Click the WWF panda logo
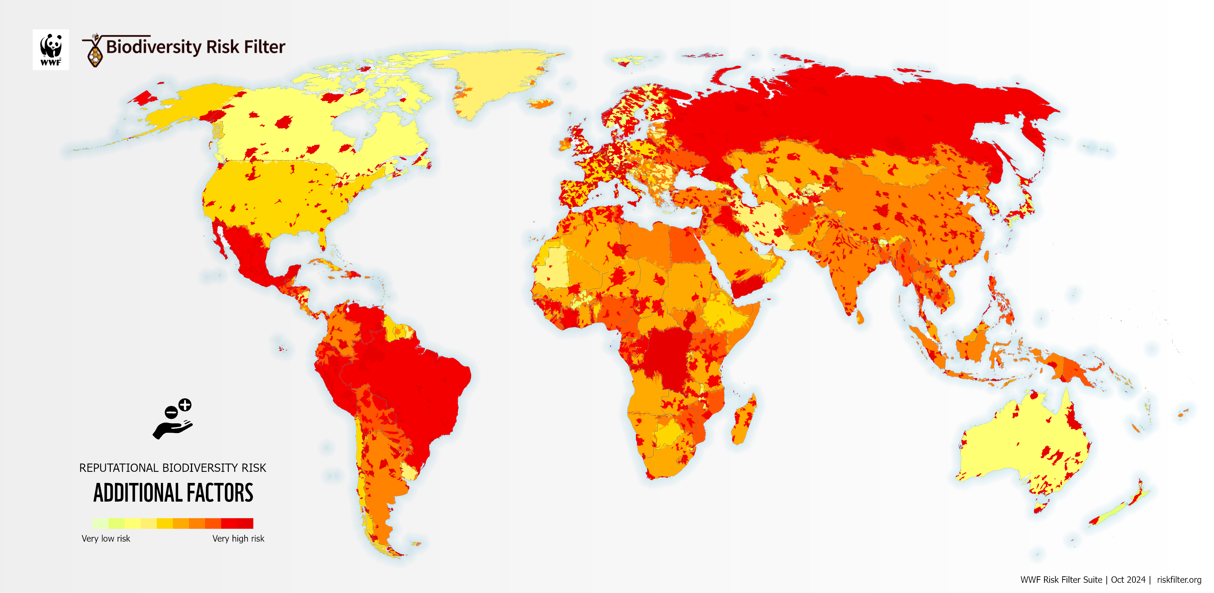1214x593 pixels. pyautogui.click(x=51, y=50)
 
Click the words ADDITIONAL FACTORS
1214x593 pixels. pyautogui.click(x=173, y=493)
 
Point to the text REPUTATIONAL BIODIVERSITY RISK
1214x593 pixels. pyautogui.click(x=172, y=468)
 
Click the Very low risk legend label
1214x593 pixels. pyautogui.click(x=106, y=538)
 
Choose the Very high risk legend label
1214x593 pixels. pyautogui.click(x=238, y=538)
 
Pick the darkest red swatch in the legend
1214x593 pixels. pyautogui.click(x=245, y=523)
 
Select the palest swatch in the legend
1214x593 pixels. pyautogui.click(x=100, y=523)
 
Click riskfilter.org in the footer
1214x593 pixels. pyautogui.click(x=1179, y=580)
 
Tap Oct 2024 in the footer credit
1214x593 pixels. pyautogui.click(x=1128, y=580)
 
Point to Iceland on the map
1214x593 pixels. pyautogui.click(x=541, y=103)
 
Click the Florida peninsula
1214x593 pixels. pyautogui.click(x=322, y=240)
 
